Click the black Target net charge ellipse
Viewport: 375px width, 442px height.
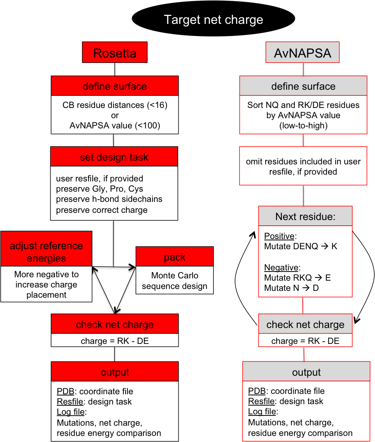[x=213, y=20]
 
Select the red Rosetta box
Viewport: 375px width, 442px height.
[x=115, y=53]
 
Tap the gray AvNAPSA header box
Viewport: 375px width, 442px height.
[x=302, y=53]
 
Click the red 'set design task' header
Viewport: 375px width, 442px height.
[x=114, y=157]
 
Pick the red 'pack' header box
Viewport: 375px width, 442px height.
[x=174, y=257]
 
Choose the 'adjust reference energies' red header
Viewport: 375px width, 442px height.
[x=46, y=252]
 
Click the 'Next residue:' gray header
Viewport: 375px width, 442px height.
[x=305, y=216]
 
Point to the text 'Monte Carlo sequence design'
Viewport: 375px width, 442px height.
[x=174, y=281]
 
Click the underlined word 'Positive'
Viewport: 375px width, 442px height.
[x=279, y=236]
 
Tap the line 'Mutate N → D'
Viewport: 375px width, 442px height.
[x=291, y=288]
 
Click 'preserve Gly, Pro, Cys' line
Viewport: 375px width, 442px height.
[x=100, y=189]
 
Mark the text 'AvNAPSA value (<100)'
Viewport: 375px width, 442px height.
[x=115, y=126]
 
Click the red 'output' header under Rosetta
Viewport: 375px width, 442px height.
[x=115, y=372]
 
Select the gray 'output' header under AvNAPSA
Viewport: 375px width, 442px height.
[x=306, y=372]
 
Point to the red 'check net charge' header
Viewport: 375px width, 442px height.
[x=115, y=325]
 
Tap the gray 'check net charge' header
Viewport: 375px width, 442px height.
[x=305, y=325]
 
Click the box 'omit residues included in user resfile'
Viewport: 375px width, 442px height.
[x=303, y=166]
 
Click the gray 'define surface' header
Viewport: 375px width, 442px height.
[x=303, y=86]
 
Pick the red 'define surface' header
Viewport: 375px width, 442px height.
[x=115, y=86]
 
